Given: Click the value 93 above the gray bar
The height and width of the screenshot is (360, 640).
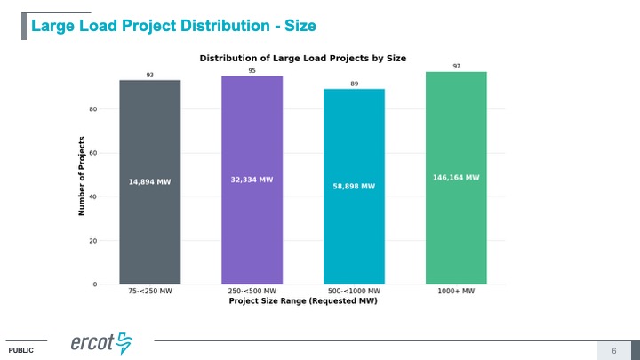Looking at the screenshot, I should [150, 76].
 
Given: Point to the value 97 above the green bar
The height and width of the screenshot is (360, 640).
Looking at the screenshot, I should [456, 66].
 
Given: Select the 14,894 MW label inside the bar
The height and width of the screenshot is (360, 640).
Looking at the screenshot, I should [150, 181].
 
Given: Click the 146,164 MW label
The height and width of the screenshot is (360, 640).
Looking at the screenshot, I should [456, 177].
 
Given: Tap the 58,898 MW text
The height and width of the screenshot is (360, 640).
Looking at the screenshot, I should [354, 187].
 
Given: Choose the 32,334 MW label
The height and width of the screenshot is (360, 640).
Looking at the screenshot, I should [252, 179].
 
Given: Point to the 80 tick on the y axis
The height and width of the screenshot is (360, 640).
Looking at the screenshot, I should [92, 109].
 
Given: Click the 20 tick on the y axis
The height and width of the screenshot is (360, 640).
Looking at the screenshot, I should [92, 241].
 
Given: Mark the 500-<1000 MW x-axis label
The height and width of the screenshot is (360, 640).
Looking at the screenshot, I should [354, 292].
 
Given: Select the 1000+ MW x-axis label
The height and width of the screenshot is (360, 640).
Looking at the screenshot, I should [456, 292].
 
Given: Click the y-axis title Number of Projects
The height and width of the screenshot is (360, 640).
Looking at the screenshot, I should [82, 175].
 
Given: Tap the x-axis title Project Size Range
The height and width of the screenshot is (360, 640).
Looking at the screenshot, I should [302, 301].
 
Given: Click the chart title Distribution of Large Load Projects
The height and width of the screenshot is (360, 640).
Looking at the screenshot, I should [302, 58].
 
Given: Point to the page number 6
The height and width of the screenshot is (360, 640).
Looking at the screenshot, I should [614, 350].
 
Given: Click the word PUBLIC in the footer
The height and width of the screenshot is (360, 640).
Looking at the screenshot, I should [20, 351].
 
